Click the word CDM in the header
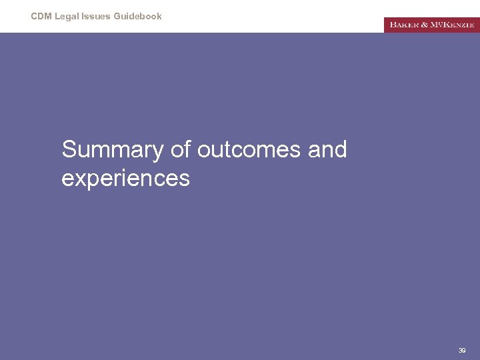click(x=41, y=16)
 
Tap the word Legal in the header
click(x=67, y=16)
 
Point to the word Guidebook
click(x=138, y=16)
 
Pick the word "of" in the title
click(x=181, y=150)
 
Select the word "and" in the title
click(x=327, y=150)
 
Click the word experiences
click(x=125, y=179)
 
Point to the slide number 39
click(x=462, y=350)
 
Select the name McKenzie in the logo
click(x=453, y=25)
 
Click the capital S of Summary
click(x=69, y=150)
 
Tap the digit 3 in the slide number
click(x=460, y=350)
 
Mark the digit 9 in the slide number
click(x=464, y=350)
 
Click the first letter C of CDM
click(x=34, y=16)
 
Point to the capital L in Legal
click(x=57, y=16)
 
